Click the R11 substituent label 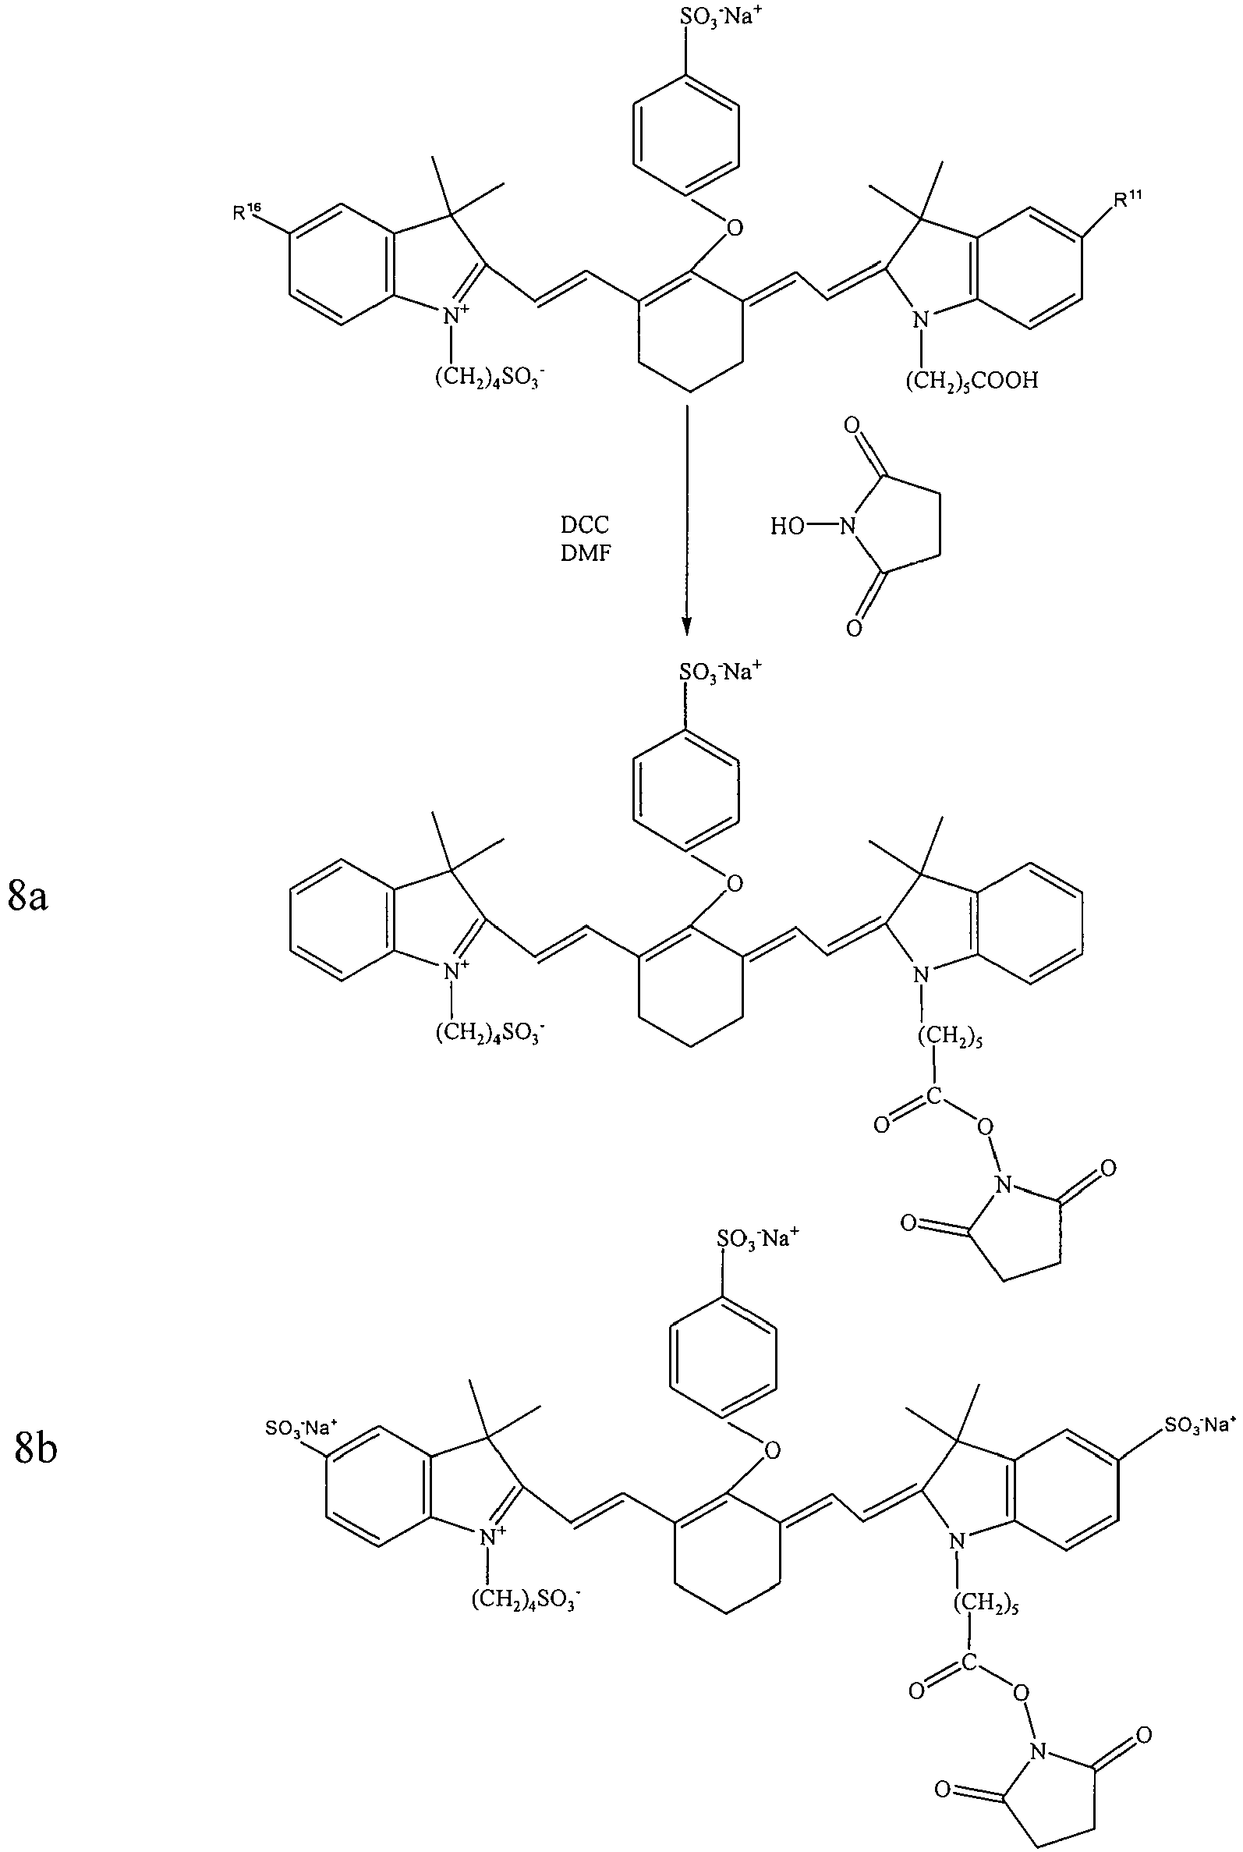pos(1128,199)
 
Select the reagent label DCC pos(585,525)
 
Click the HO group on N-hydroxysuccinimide pos(788,527)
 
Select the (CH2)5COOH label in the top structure pos(972,382)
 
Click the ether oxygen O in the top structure pos(735,229)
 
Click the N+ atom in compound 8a pos(455,969)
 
